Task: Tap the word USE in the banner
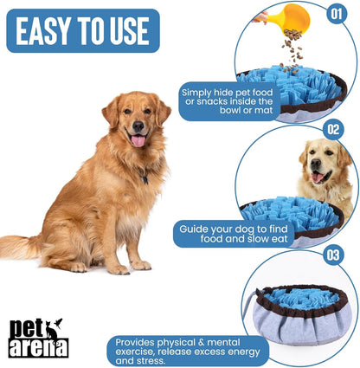(x=125, y=31)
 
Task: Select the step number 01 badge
(x=337, y=14)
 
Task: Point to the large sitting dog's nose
(x=138, y=125)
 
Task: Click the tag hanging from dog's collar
(x=145, y=180)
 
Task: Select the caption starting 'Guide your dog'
(x=233, y=234)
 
